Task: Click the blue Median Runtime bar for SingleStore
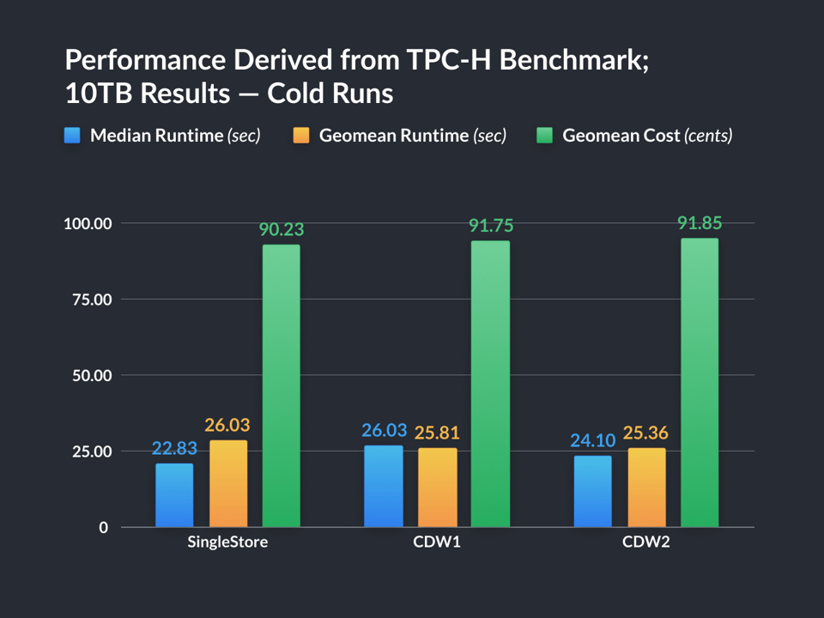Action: click(x=174, y=495)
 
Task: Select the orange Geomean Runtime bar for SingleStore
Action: click(x=227, y=484)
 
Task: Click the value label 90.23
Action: click(x=282, y=230)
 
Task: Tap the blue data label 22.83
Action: click(x=175, y=448)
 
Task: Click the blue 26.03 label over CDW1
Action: click(x=385, y=430)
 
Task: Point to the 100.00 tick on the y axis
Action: click(x=88, y=224)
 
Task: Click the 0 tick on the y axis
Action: click(x=104, y=527)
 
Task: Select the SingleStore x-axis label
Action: click(x=227, y=542)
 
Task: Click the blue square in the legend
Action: click(x=73, y=136)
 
